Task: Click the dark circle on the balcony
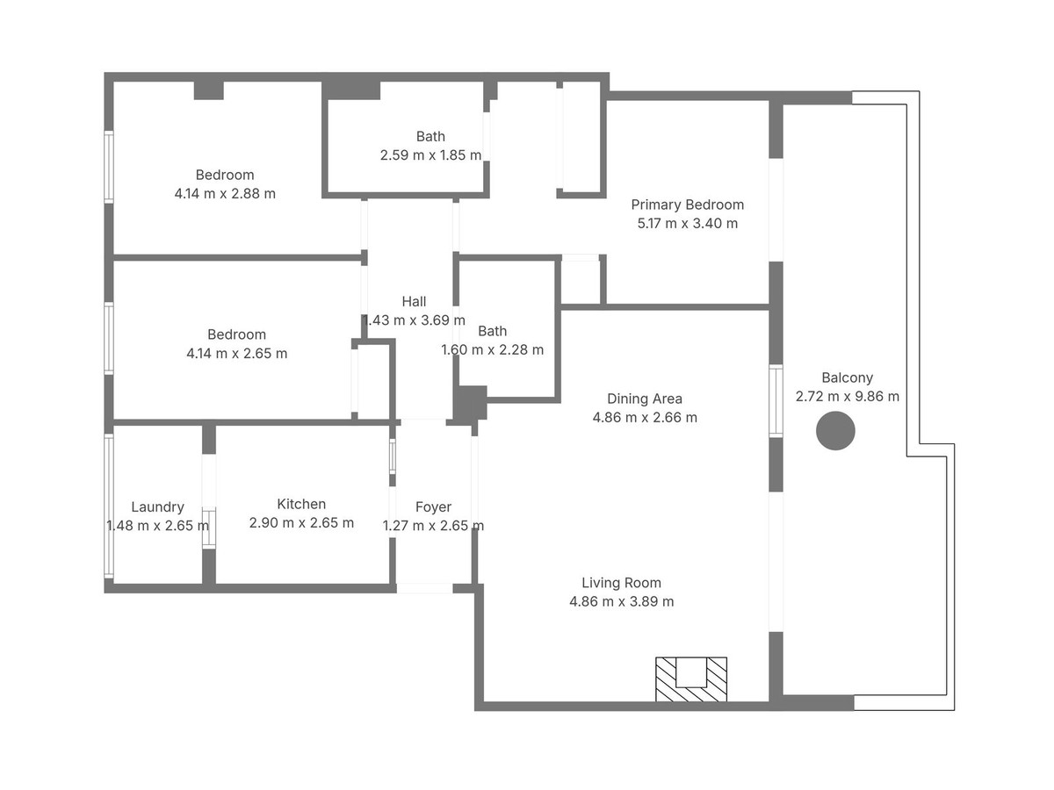[835, 432]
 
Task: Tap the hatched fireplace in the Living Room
[691, 679]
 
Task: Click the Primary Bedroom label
[687, 205]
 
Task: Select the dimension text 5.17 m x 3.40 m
[687, 223]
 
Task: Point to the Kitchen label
[301, 504]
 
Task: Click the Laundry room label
[157, 506]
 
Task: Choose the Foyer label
[433, 506]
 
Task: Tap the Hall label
[414, 301]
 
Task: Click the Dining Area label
[645, 399]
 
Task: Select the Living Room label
[621, 583]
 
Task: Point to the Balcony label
[847, 377]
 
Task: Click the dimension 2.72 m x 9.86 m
[847, 396]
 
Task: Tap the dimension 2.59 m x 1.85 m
[430, 154]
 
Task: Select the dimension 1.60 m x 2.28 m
[492, 349]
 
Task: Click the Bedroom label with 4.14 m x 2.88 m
[225, 175]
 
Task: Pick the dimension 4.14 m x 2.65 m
[236, 354]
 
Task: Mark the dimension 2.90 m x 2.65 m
[301, 523]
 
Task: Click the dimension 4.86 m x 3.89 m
[621, 601]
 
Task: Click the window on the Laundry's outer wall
[109, 506]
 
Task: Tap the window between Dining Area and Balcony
[776, 401]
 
